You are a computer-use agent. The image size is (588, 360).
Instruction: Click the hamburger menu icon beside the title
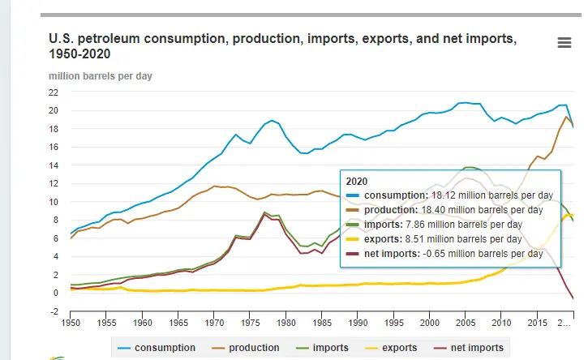564,43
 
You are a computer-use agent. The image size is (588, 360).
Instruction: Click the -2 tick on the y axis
54,312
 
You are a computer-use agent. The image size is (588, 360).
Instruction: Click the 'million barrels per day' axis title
100,76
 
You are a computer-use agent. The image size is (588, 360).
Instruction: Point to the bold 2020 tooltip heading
358,181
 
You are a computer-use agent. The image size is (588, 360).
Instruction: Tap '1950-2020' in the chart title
80,54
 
